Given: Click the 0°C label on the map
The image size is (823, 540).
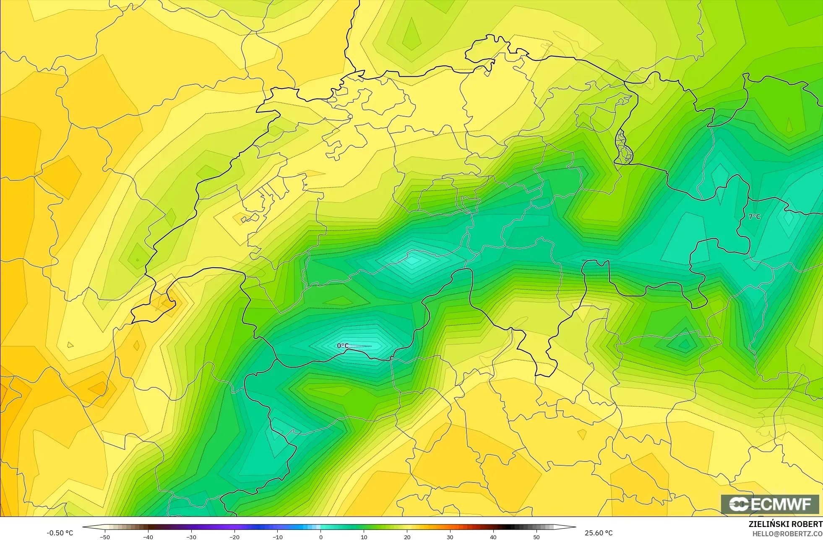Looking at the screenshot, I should pyautogui.click(x=343, y=346).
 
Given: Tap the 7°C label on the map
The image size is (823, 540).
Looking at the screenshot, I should pyautogui.click(x=754, y=217).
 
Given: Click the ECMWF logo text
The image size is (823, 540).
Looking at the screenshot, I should pyautogui.click(x=770, y=504).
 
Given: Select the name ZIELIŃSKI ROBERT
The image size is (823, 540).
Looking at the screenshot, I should pyautogui.click(x=785, y=524).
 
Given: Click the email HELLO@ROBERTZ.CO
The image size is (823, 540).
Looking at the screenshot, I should pyautogui.click(x=787, y=534).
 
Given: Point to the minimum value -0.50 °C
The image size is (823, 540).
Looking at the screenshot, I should pyautogui.click(x=60, y=533).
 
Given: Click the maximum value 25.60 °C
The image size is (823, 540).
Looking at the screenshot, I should pyautogui.click(x=599, y=533).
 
